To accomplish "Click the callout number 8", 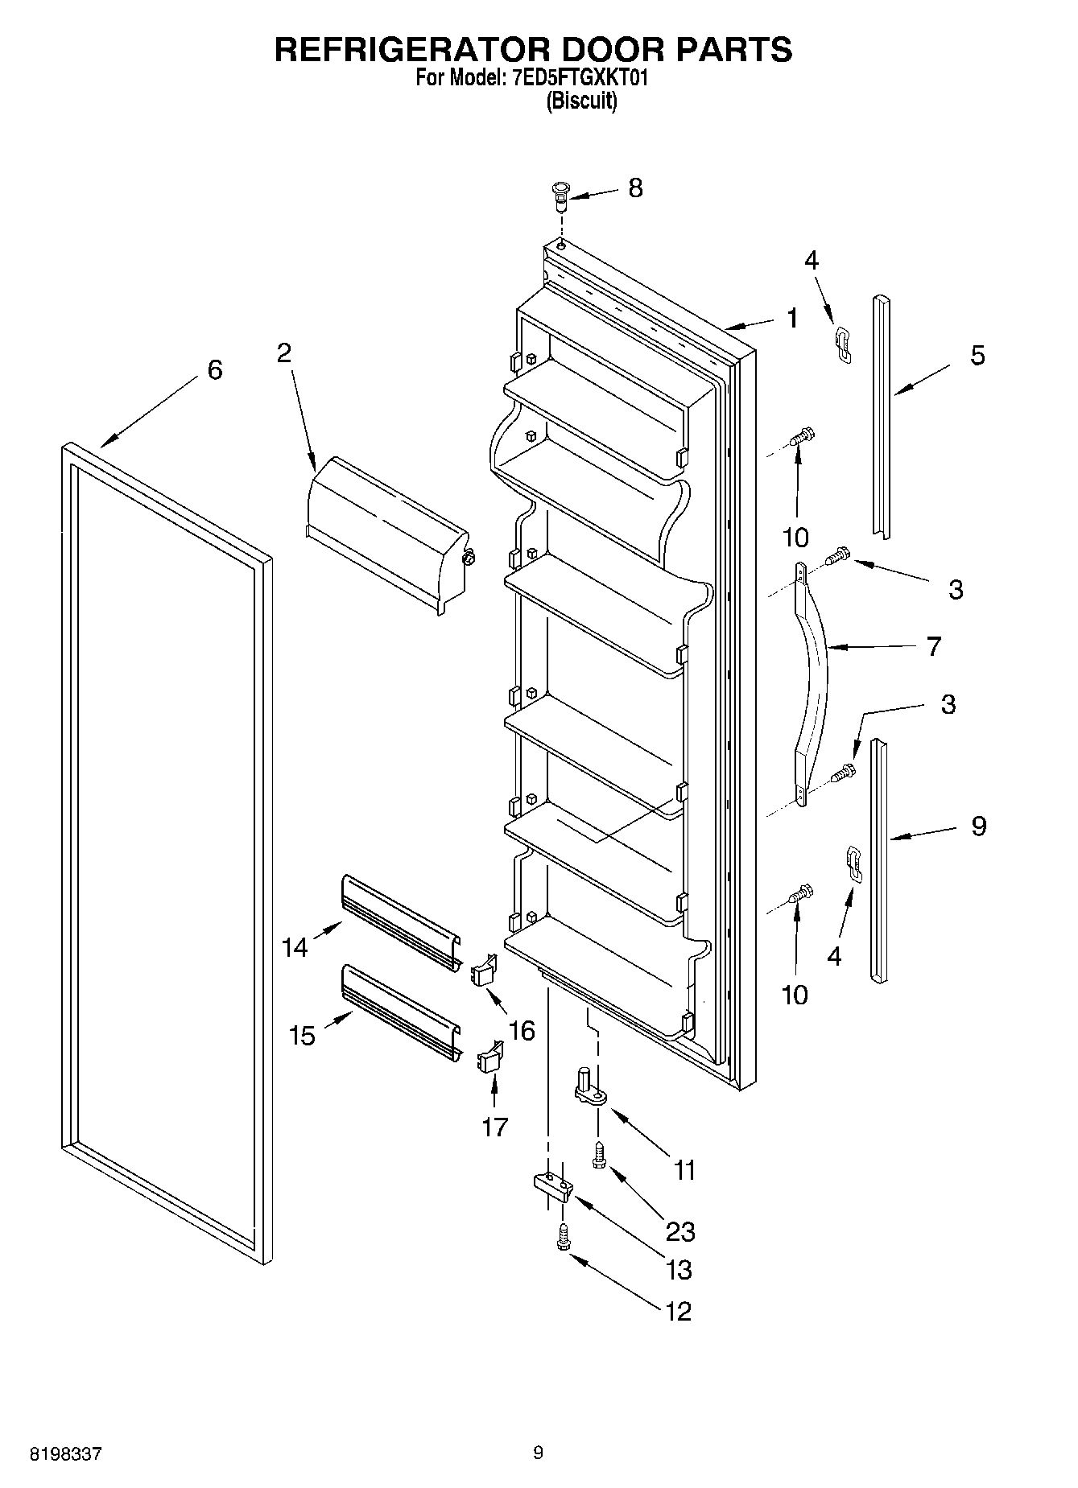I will [635, 188].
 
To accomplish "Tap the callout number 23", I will [680, 1230].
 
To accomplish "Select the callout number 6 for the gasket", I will [214, 370].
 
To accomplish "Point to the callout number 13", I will [679, 1269].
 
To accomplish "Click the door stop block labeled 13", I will [552, 1185].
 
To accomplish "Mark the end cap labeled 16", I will [484, 971].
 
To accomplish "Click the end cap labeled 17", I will [490, 1057].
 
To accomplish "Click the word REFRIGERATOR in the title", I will [411, 50].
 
